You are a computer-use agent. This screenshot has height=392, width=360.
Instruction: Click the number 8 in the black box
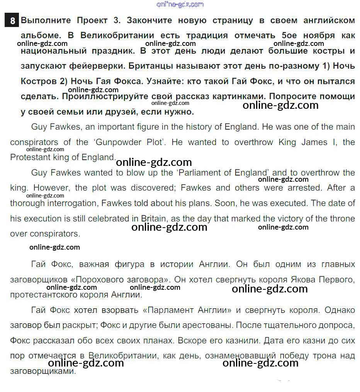pyautogui.click(x=12, y=20)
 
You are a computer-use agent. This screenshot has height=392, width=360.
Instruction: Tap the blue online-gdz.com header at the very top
pyautogui.click(x=180, y=4)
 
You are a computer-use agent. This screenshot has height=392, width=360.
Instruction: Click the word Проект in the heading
pyautogui.click(x=96, y=20)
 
